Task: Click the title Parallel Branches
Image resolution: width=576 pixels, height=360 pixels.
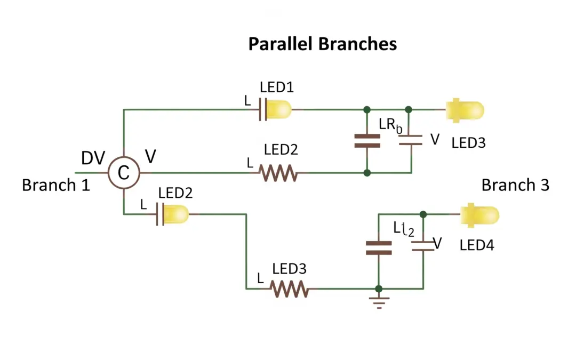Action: click(322, 44)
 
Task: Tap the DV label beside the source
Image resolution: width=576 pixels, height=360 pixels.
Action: click(93, 158)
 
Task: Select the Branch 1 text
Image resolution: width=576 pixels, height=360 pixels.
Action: click(55, 186)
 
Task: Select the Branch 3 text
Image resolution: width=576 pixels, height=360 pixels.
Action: click(515, 185)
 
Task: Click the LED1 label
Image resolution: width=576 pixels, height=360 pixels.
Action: click(277, 87)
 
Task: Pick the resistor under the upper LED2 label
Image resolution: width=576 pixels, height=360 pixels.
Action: click(277, 173)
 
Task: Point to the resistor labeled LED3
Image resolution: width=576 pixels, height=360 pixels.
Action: click(289, 289)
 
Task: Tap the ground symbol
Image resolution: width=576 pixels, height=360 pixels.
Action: click(379, 302)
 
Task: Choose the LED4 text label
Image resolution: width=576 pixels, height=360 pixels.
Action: click(477, 245)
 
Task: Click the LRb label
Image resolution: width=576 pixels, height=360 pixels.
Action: click(390, 125)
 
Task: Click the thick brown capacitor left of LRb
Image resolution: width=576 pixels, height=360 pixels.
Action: click(367, 141)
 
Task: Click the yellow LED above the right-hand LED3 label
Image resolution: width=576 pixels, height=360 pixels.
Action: click(466, 110)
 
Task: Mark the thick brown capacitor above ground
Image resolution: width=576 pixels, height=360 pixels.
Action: click(379, 247)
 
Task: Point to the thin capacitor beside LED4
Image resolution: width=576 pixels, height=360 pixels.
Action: click(422, 246)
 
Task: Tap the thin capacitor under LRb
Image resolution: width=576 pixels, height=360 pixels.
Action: click(411, 140)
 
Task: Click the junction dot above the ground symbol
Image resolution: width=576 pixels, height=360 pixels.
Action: click(379, 289)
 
